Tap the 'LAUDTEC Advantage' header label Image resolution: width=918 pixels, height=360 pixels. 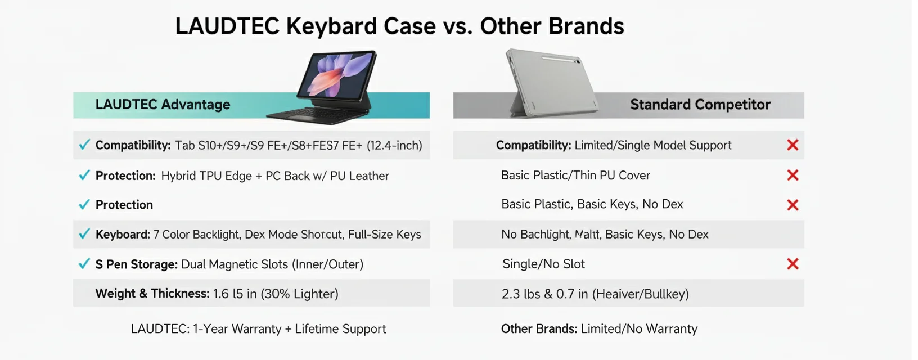(x=163, y=105)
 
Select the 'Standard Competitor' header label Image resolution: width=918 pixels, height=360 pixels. (x=700, y=105)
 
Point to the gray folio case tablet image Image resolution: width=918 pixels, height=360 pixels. (x=551, y=83)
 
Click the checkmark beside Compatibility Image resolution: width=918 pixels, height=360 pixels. (x=84, y=145)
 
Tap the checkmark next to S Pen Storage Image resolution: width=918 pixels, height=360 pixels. (x=84, y=264)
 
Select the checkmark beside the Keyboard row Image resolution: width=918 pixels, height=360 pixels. (x=84, y=233)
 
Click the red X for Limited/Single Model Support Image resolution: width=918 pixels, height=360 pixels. (x=793, y=145)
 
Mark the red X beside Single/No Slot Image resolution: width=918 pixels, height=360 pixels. (x=793, y=264)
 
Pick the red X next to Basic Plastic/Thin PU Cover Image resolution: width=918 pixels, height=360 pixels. (x=793, y=175)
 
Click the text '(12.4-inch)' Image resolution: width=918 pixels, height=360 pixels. (x=394, y=146)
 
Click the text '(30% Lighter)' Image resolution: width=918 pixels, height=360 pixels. (x=299, y=294)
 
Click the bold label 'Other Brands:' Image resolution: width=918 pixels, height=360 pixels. (x=539, y=329)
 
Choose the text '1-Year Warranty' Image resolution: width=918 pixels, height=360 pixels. (x=237, y=329)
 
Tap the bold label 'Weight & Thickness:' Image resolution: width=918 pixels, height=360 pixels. (x=152, y=294)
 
